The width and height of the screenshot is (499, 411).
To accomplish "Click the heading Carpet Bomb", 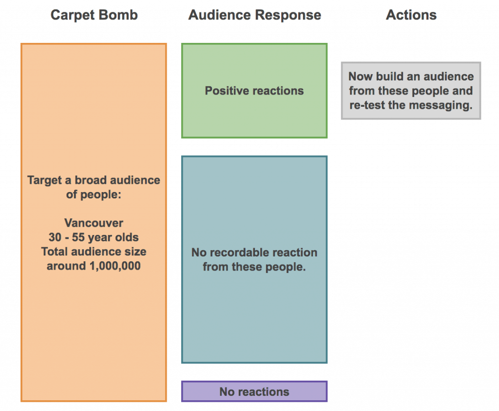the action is [94, 15].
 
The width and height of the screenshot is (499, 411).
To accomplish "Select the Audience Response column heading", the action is [254, 15].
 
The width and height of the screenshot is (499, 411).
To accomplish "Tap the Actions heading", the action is [411, 15].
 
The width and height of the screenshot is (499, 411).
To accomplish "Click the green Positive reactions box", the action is [254, 91].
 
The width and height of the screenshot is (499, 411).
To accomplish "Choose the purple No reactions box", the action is [254, 391].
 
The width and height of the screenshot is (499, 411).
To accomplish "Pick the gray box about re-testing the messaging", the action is [411, 91].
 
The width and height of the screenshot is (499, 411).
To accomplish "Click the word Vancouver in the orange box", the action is [94, 223].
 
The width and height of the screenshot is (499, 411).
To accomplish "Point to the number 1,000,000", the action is [115, 266].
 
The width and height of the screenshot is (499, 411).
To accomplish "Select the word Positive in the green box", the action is [225, 91].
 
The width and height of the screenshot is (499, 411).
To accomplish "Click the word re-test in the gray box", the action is [367, 105].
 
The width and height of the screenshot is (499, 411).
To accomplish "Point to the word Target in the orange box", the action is [44, 180].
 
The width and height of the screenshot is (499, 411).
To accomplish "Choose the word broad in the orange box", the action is [90, 180].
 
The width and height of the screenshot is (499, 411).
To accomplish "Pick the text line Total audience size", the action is [94, 252].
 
